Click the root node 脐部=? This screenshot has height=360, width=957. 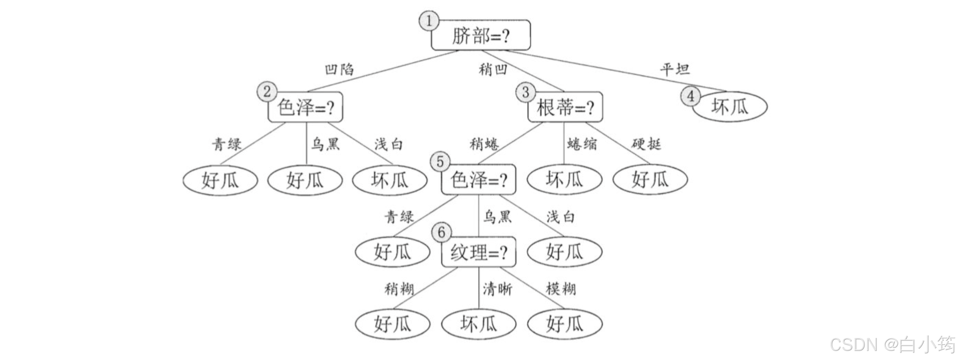(481, 35)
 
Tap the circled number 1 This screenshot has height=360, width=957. (429, 21)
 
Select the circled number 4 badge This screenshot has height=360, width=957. (691, 96)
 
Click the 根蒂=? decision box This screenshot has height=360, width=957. (565, 107)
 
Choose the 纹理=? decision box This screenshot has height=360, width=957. (478, 253)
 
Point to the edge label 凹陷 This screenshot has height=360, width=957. (339, 69)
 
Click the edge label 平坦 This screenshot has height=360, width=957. (675, 69)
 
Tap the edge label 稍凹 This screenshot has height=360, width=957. (493, 69)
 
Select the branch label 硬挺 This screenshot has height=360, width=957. (646, 144)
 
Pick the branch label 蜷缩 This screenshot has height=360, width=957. (582, 144)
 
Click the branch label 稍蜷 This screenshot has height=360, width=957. (485, 144)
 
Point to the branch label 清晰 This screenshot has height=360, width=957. (497, 289)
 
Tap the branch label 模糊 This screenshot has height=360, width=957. (561, 289)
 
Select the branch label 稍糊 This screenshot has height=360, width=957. (399, 289)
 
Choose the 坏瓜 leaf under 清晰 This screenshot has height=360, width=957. (478, 324)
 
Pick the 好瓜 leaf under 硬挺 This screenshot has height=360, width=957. (650, 180)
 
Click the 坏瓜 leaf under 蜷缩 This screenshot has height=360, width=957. (564, 180)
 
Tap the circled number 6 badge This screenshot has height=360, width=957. (441, 233)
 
